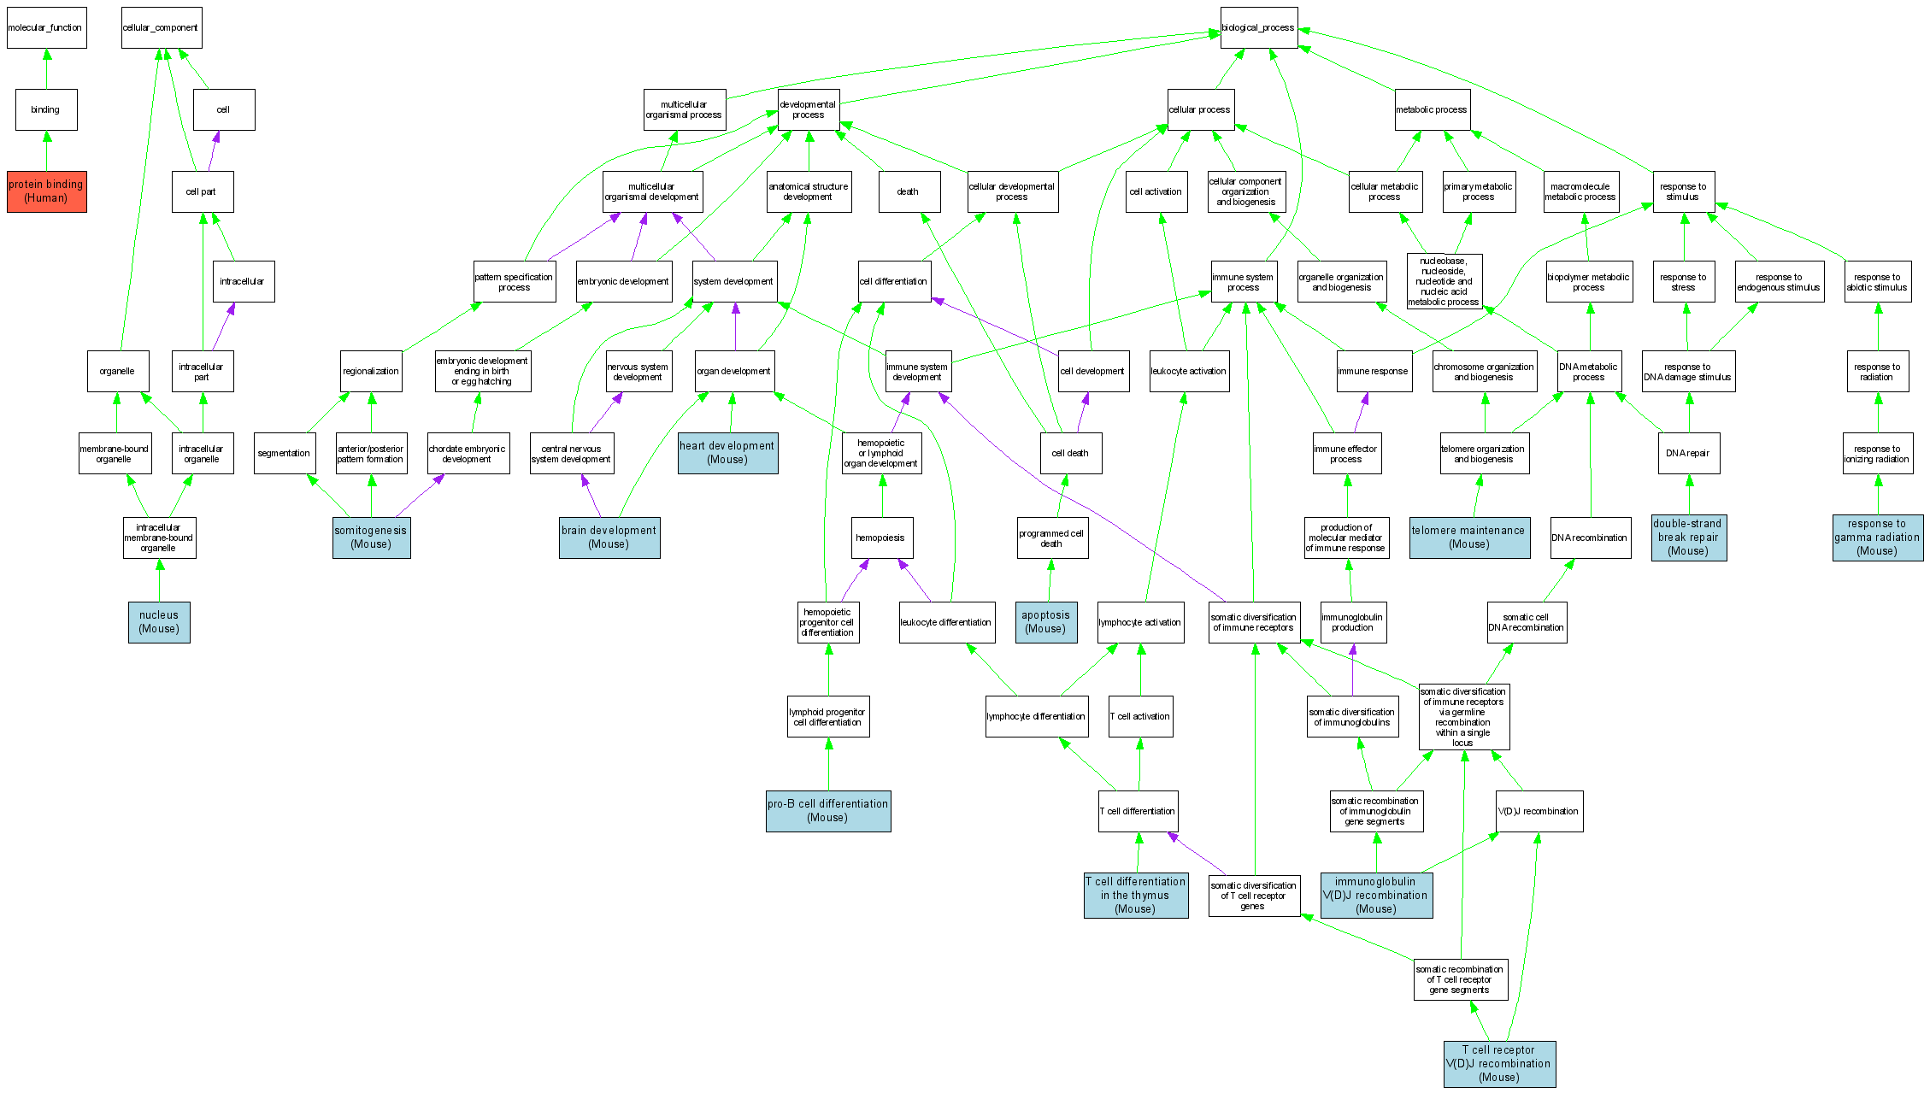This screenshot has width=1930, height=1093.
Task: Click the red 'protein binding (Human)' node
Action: (47, 191)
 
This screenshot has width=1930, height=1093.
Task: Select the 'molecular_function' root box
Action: (46, 28)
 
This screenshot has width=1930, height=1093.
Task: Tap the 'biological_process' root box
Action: (1258, 28)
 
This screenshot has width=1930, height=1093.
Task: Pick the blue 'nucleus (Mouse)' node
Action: (159, 622)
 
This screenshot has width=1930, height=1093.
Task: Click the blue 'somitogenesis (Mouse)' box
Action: (371, 538)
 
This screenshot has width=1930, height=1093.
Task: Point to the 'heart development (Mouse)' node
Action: (727, 453)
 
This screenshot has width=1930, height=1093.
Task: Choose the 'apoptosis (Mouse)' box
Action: (1045, 622)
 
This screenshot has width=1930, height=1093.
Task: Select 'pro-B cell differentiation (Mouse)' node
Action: (828, 811)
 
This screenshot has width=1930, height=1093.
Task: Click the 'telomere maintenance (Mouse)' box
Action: (1468, 538)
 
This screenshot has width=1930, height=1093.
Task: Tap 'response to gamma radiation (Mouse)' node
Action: (1877, 538)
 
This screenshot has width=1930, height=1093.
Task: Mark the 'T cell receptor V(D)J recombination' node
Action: (1499, 1064)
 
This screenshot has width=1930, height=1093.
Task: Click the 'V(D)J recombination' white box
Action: (1539, 811)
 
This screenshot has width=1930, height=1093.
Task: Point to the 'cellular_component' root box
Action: (161, 28)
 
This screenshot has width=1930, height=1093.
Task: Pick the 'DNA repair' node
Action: (1688, 453)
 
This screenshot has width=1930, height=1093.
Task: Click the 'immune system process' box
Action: (1244, 282)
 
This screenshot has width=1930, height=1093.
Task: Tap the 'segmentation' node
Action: (284, 453)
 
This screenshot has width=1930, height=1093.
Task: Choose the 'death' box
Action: (909, 191)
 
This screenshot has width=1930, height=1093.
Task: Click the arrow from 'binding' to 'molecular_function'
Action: (47, 69)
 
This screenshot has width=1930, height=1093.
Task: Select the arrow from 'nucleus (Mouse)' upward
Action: (159, 580)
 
